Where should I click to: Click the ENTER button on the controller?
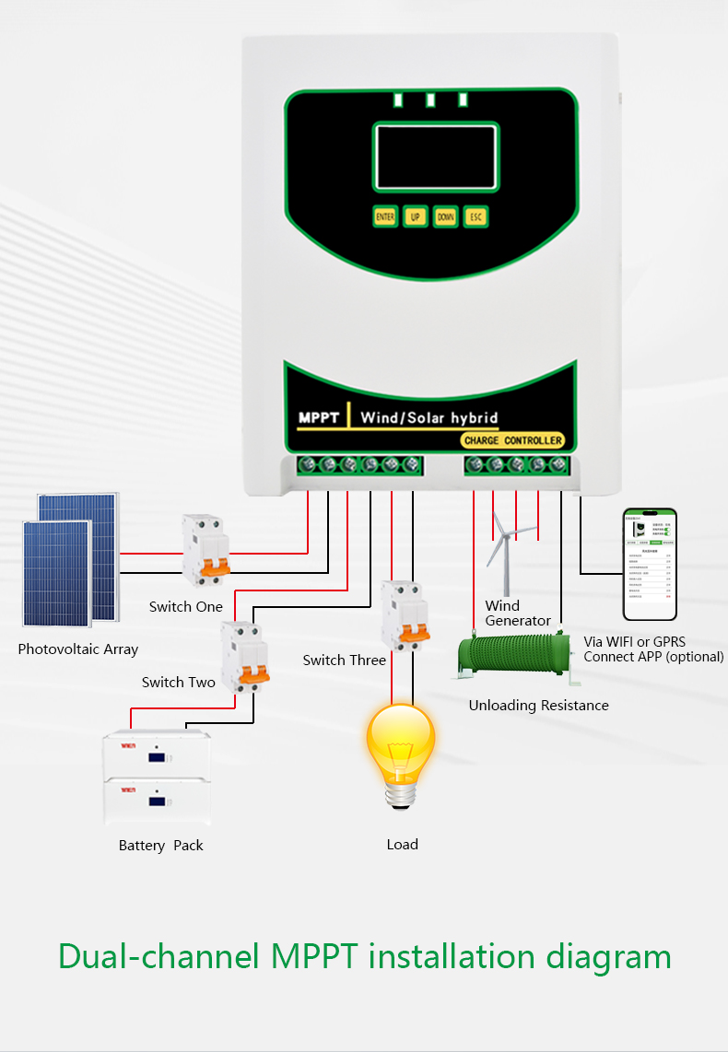click(385, 217)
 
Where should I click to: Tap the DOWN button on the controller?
click(446, 217)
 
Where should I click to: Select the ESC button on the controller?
click(476, 217)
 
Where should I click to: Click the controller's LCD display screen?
click(435, 158)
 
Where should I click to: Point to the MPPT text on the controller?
click(320, 417)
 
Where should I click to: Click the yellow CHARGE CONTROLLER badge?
click(512, 440)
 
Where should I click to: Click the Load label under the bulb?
click(403, 844)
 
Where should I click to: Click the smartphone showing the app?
click(650, 564)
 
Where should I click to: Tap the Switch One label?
click(186, 607)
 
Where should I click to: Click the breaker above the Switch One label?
click(205, 549)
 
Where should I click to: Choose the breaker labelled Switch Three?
click(405, 614)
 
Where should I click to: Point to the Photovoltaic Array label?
click(78, 649)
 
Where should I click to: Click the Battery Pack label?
click(161, 846)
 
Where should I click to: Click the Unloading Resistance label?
click(539, 706)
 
